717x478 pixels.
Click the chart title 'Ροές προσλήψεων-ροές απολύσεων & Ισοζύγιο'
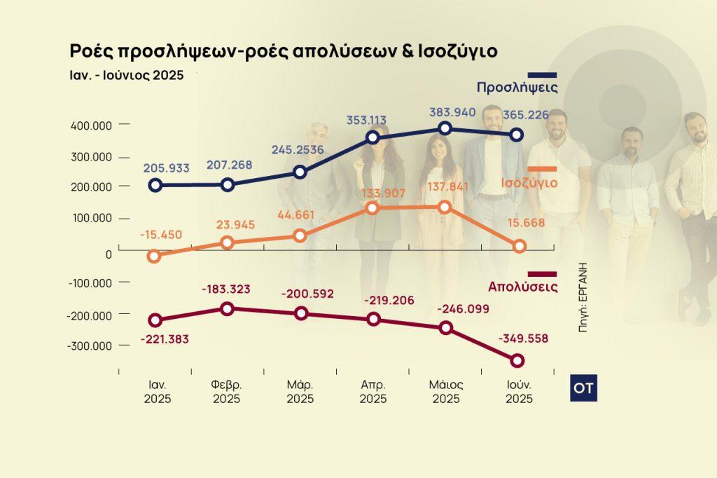click(283, 51)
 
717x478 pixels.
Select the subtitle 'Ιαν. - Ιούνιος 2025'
click(126, 75)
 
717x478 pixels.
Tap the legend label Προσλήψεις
click(517, 88)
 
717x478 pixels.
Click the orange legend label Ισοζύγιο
click(529, 183)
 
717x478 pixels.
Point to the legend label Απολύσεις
click(522, 286)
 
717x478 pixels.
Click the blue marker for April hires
click(373, 137)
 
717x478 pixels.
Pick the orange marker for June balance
click(519, 246)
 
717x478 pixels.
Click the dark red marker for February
click(228, 308)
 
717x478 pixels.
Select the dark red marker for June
click(517, 360)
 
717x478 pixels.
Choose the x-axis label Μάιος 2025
click(446, 392)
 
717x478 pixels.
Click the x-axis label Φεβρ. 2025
click(226, 392)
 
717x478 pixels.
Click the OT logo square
click(583, 388)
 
